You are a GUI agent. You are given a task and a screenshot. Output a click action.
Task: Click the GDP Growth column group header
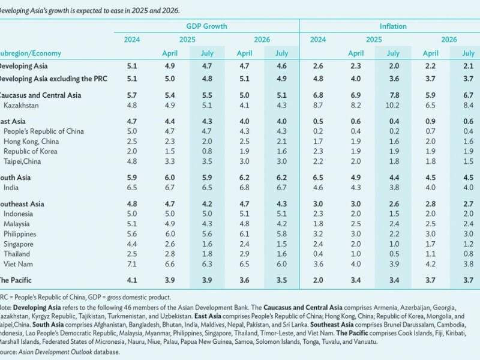206,26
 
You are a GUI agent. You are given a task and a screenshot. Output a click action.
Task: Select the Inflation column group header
393,26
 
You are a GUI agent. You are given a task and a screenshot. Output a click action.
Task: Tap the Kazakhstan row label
22,105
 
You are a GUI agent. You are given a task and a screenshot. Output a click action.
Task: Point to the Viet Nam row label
19,264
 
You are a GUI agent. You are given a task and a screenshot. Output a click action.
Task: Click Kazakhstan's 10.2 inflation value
392,105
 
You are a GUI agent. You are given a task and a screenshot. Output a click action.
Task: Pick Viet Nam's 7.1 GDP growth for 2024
132,264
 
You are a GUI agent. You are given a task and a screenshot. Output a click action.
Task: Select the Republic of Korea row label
31,152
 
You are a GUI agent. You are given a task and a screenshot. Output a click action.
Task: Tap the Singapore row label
20,244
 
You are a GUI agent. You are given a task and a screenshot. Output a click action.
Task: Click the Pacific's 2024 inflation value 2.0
318,280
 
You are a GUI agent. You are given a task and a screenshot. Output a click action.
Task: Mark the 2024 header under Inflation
318,40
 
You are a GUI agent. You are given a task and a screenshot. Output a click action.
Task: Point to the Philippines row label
21,234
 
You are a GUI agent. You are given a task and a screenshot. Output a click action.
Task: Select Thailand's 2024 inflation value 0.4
318,254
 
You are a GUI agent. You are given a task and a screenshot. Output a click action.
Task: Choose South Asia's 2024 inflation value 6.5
318,178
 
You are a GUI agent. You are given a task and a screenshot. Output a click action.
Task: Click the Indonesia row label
19,214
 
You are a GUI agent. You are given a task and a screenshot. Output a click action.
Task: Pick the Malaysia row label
19,224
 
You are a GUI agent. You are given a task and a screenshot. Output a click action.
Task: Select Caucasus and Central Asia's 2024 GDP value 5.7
132,95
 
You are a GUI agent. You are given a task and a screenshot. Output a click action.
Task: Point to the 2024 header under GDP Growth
132,40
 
